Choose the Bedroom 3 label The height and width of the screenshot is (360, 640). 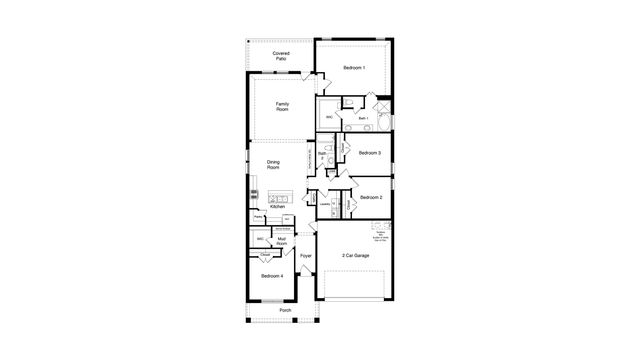click(370, 153)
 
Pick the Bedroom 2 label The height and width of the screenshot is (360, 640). click(372, 197)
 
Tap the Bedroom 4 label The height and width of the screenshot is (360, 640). click(272, 275)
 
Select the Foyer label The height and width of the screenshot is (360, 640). click(306, 256)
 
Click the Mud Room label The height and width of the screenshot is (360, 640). click(283, 240)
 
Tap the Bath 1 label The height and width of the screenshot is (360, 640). click(363, 118)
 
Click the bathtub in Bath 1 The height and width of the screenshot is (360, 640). click(386, 122)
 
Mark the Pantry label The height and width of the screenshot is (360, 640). click(258, 216)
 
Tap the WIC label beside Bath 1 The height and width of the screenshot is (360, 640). click(330, 116)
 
